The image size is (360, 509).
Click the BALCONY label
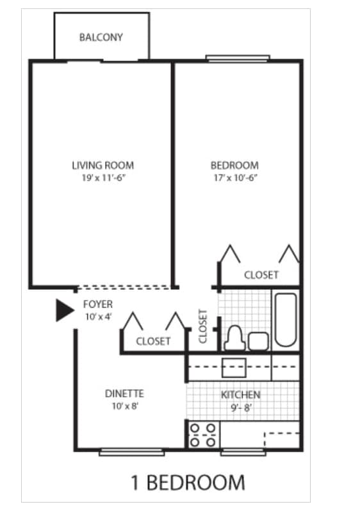point(101,37)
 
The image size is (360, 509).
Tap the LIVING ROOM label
point(102,165)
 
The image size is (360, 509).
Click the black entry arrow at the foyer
point(64,310)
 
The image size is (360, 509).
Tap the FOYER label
point(97,305)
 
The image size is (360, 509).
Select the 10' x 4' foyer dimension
point(97,317)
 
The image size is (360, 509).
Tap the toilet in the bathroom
point(234,338)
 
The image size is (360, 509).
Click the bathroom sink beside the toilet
point(258,340)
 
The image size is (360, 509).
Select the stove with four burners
point(202,434)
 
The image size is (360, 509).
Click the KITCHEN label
point(240,394)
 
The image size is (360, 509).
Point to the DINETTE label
point(124,394)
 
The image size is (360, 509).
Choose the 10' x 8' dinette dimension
point(124,405)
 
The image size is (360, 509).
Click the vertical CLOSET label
point(203,326)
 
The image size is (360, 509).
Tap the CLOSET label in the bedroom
point(261,275)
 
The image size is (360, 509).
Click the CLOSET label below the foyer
point(153,341)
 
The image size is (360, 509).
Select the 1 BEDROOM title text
point(188,481)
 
